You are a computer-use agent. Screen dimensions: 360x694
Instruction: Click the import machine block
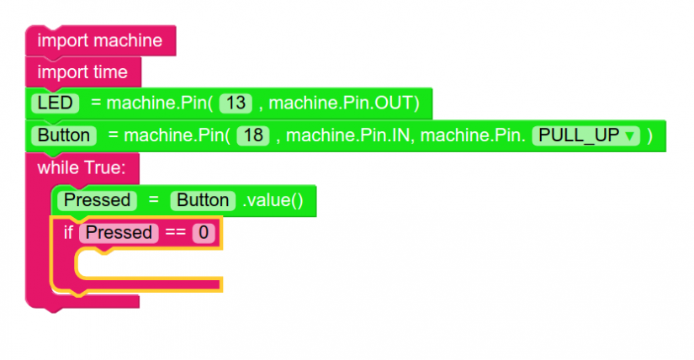[99, 40]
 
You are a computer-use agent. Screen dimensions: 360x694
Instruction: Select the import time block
[82, 71]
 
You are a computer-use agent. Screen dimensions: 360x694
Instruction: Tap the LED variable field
[55, 103]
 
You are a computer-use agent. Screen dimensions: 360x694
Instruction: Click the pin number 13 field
[236, 103]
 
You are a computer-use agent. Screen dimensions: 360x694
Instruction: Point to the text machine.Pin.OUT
[343, 103]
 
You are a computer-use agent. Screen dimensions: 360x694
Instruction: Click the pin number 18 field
[253, 135]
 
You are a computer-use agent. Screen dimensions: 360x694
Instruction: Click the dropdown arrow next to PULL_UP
[628, 136]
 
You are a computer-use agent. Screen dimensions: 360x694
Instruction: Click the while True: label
[81, 167]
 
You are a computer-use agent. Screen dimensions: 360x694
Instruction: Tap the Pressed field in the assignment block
[98, 200]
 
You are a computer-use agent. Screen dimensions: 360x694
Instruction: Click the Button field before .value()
[203, 200]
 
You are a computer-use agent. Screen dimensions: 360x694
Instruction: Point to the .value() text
[273, 200]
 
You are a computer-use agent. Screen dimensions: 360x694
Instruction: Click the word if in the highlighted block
[68, 232]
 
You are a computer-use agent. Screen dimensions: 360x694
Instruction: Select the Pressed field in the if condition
[119, 232]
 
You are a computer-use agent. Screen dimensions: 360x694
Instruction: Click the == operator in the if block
[175, 232]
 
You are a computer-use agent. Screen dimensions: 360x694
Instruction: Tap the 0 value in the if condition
[203, 232]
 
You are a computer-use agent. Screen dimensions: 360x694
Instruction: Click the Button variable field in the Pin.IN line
[63, 135]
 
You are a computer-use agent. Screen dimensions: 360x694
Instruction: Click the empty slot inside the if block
[147, 262]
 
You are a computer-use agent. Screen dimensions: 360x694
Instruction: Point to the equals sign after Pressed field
[153, 200]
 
